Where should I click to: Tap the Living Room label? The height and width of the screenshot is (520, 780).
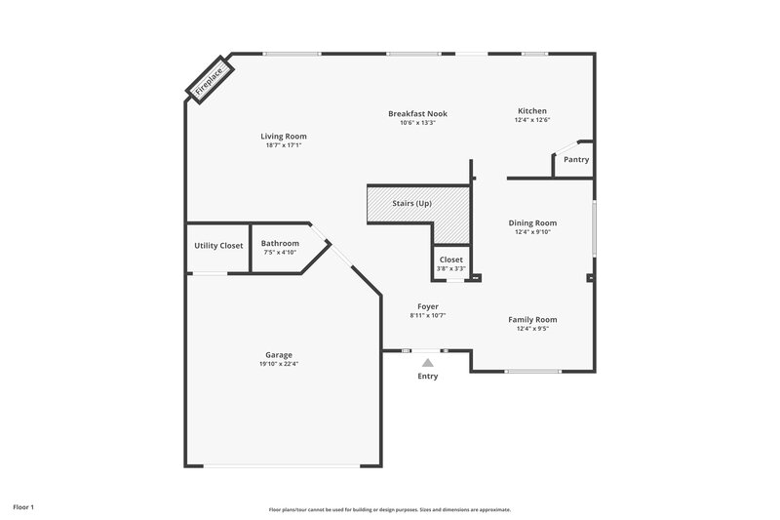click(284, 136)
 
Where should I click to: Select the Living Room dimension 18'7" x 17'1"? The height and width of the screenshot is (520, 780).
click(284, 145)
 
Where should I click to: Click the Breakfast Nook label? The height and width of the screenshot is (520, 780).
click(417, 113)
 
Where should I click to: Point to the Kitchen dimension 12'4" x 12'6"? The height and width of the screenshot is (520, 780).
click(532, 120)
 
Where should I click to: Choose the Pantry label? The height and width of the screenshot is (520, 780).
click(576, 159)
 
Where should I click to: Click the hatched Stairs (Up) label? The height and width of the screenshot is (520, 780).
click(410, 203)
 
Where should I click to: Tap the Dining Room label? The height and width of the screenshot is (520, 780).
click(532, 222)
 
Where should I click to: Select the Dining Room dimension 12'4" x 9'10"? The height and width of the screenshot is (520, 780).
click(532, 232)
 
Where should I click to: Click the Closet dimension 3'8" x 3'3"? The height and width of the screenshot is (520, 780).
click(450, 269)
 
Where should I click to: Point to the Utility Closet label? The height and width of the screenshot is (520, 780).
click(218, 245)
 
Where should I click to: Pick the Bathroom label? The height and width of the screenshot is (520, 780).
click(280, 243)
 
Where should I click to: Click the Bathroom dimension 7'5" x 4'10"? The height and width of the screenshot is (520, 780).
click(280, 253)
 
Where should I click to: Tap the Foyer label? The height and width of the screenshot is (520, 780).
click(427, 305)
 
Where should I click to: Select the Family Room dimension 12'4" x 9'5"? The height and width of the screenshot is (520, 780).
click(532, 329)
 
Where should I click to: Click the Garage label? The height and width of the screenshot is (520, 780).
click(279, 354)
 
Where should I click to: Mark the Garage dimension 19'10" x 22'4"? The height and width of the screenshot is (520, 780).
click(279, 364)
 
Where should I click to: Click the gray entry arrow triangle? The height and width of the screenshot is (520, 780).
click(427, 362)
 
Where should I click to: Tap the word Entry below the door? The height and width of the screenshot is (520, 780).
click(427, 376)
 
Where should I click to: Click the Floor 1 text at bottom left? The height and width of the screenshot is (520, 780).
click(23, 507)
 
